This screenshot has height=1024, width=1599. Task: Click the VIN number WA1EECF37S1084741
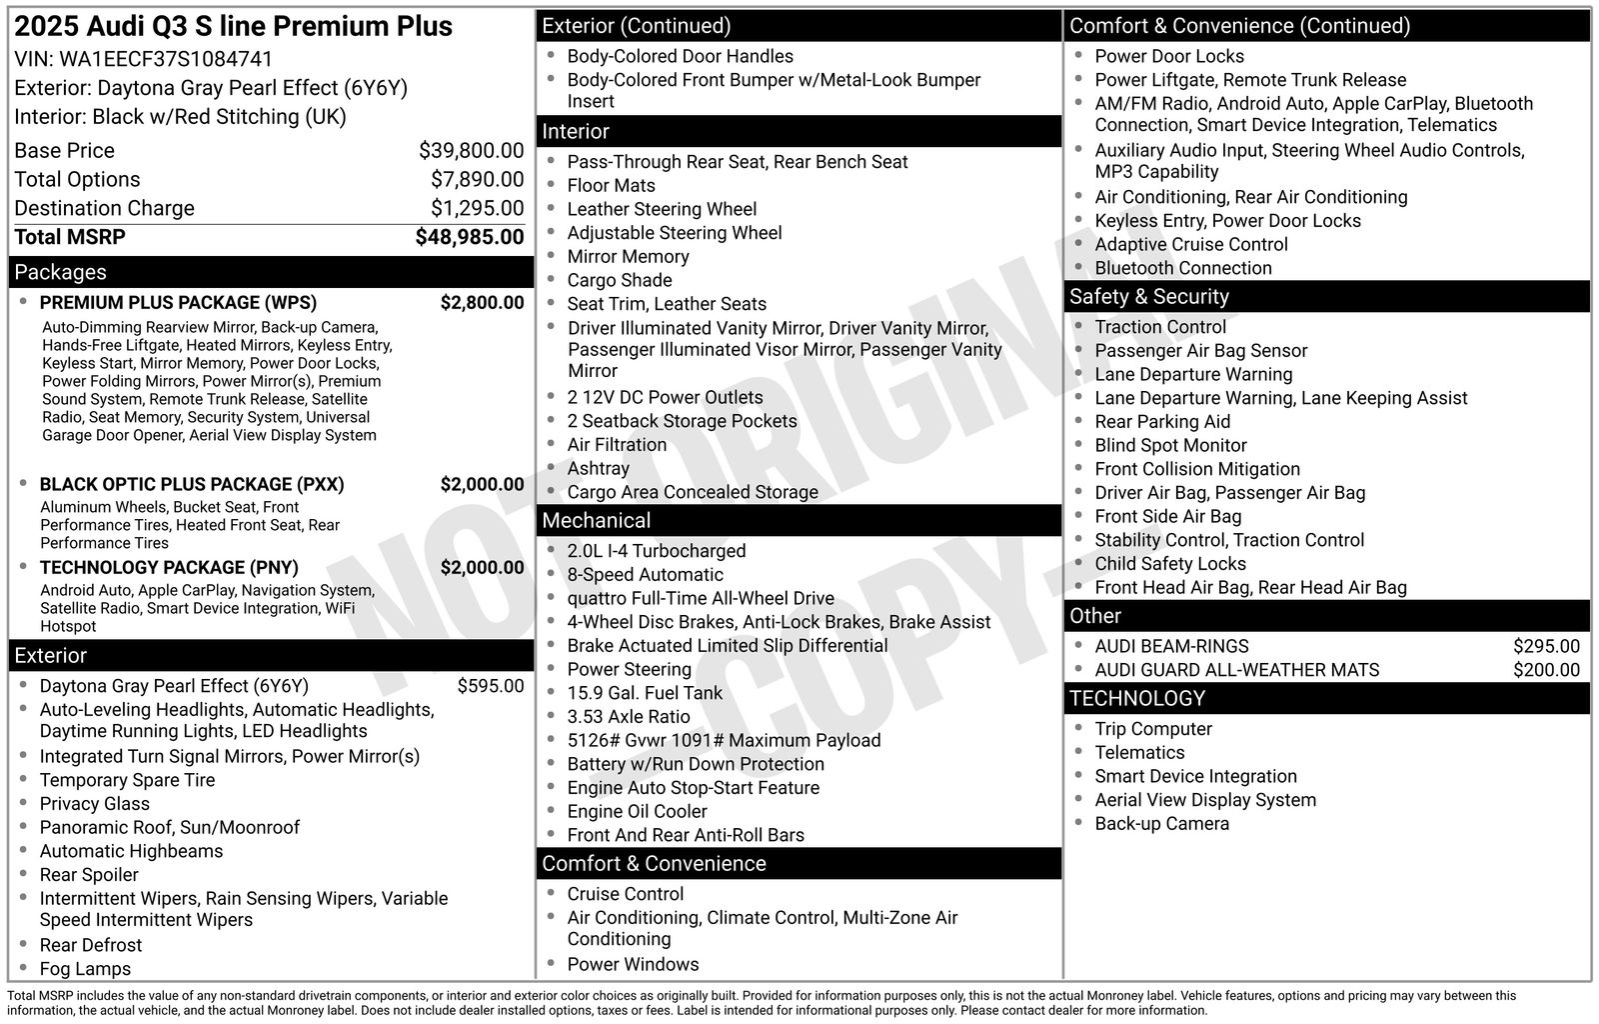pos(166,59)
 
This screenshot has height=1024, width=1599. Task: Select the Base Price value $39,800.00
pos(471,151)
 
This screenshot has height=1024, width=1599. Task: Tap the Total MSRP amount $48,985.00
pos(470,237)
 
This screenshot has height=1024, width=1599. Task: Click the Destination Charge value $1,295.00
pos(477,208)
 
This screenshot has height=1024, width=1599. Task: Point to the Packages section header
pos(60,272)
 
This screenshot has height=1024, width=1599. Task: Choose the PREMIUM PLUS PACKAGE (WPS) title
pos(178,303)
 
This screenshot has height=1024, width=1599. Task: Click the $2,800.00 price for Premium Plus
pos(482,303)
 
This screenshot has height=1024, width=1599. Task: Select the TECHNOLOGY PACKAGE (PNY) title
pos(169,568)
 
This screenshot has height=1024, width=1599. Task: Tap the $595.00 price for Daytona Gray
pos(490,686)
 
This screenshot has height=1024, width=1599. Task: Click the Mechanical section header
pos(596,521)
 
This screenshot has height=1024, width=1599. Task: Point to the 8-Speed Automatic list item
pos(645,575)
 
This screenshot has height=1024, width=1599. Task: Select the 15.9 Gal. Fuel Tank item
pos(644,693)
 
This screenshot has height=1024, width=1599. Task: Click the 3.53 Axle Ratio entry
pos(628,717)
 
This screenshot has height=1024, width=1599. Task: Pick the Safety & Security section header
pos(1148,297)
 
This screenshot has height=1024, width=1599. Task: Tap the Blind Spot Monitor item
pos(1170,446)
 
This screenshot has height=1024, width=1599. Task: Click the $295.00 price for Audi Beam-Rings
pos(1546,647)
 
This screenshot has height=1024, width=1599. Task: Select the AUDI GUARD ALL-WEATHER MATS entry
pos(1236,670)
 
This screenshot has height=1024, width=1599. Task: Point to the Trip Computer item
pos(1152,729)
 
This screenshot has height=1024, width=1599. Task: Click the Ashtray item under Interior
pos(598,469)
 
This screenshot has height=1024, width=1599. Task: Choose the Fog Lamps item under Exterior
pos(85,969)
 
